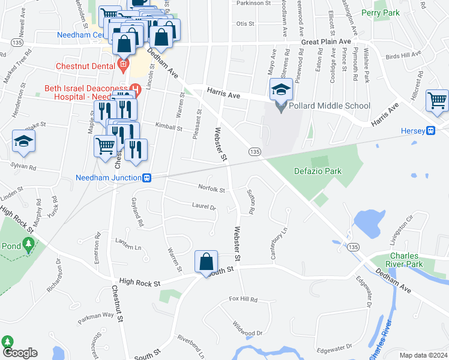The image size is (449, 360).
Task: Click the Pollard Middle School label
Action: point(330,106)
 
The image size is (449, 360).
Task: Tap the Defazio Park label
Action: point(318,171)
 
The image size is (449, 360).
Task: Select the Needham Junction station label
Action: point(108,178)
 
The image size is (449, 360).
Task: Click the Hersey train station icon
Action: point(430,131)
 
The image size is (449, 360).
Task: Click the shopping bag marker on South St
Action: point(206,263)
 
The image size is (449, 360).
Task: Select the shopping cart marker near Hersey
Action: point(437,100)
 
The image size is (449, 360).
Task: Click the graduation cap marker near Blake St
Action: point(23,142)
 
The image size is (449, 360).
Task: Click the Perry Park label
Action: point(381,13)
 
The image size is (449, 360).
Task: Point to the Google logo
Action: point(19,353)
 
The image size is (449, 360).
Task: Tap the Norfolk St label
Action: point(211,189)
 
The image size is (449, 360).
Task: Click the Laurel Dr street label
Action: point(203,207)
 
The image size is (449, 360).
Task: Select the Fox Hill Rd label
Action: point(243,299)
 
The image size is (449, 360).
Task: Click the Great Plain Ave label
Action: point(326,41)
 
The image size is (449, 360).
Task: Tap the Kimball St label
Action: point(168,127)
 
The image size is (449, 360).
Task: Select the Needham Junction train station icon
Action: point(146,178)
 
